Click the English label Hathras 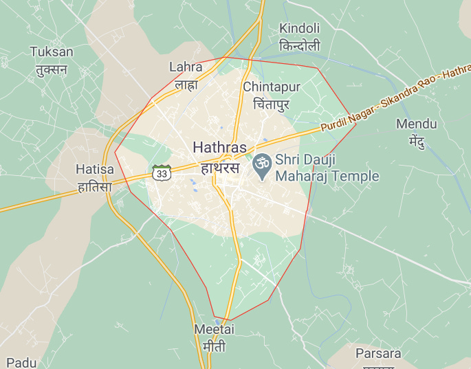[x=219, y=147]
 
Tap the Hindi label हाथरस [x=219, y=167]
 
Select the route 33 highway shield [x=162, y=173]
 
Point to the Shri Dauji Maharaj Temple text [x=327, y=168]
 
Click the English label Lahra [x=186, y=67]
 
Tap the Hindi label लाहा [x=186, y=85]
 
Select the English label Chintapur [x=272, y=87]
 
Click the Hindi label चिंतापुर [x=272, y=104]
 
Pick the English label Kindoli [x=299, y=29]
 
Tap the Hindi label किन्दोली [x=299, y=46]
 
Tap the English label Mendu [x=416, y=124]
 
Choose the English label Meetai [x=214, y=330]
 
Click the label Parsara [x=378, y=354]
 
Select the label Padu [x=21, y=362]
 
